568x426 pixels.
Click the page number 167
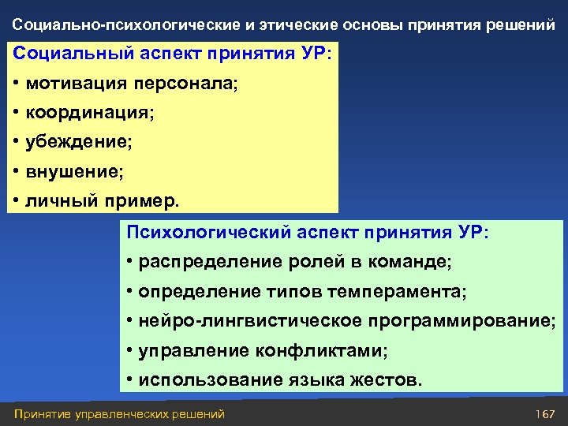[x=545, y=414]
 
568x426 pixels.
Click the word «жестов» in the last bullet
[x=392, y=379]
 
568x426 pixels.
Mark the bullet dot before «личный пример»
[x=16, y=200]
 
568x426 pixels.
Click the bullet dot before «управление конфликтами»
[x=129, y=349]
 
